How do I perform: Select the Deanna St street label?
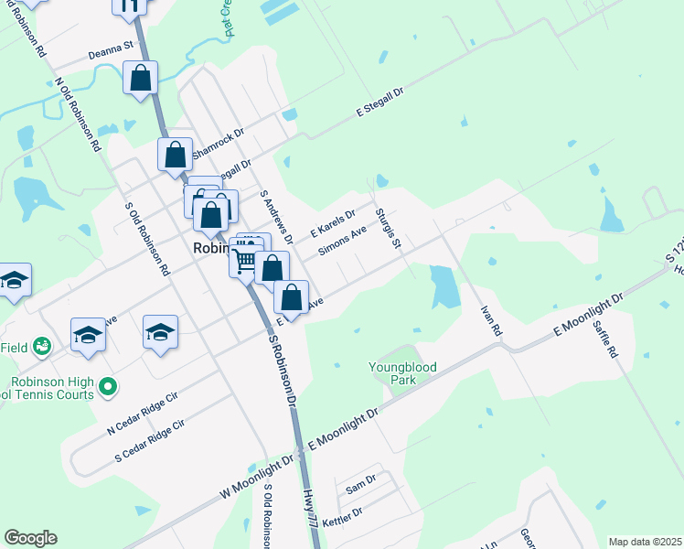(x=111, y=54)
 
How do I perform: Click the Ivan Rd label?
(x=491, y=320)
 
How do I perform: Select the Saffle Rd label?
(x=605, y=337)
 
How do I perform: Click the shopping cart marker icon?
(x=244, y=261)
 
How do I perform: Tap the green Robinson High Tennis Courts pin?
(x=108, y=387)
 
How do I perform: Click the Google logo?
(x=30, y=538)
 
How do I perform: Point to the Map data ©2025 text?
(x=645, y=542)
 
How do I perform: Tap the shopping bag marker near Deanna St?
(x=141, y=78)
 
